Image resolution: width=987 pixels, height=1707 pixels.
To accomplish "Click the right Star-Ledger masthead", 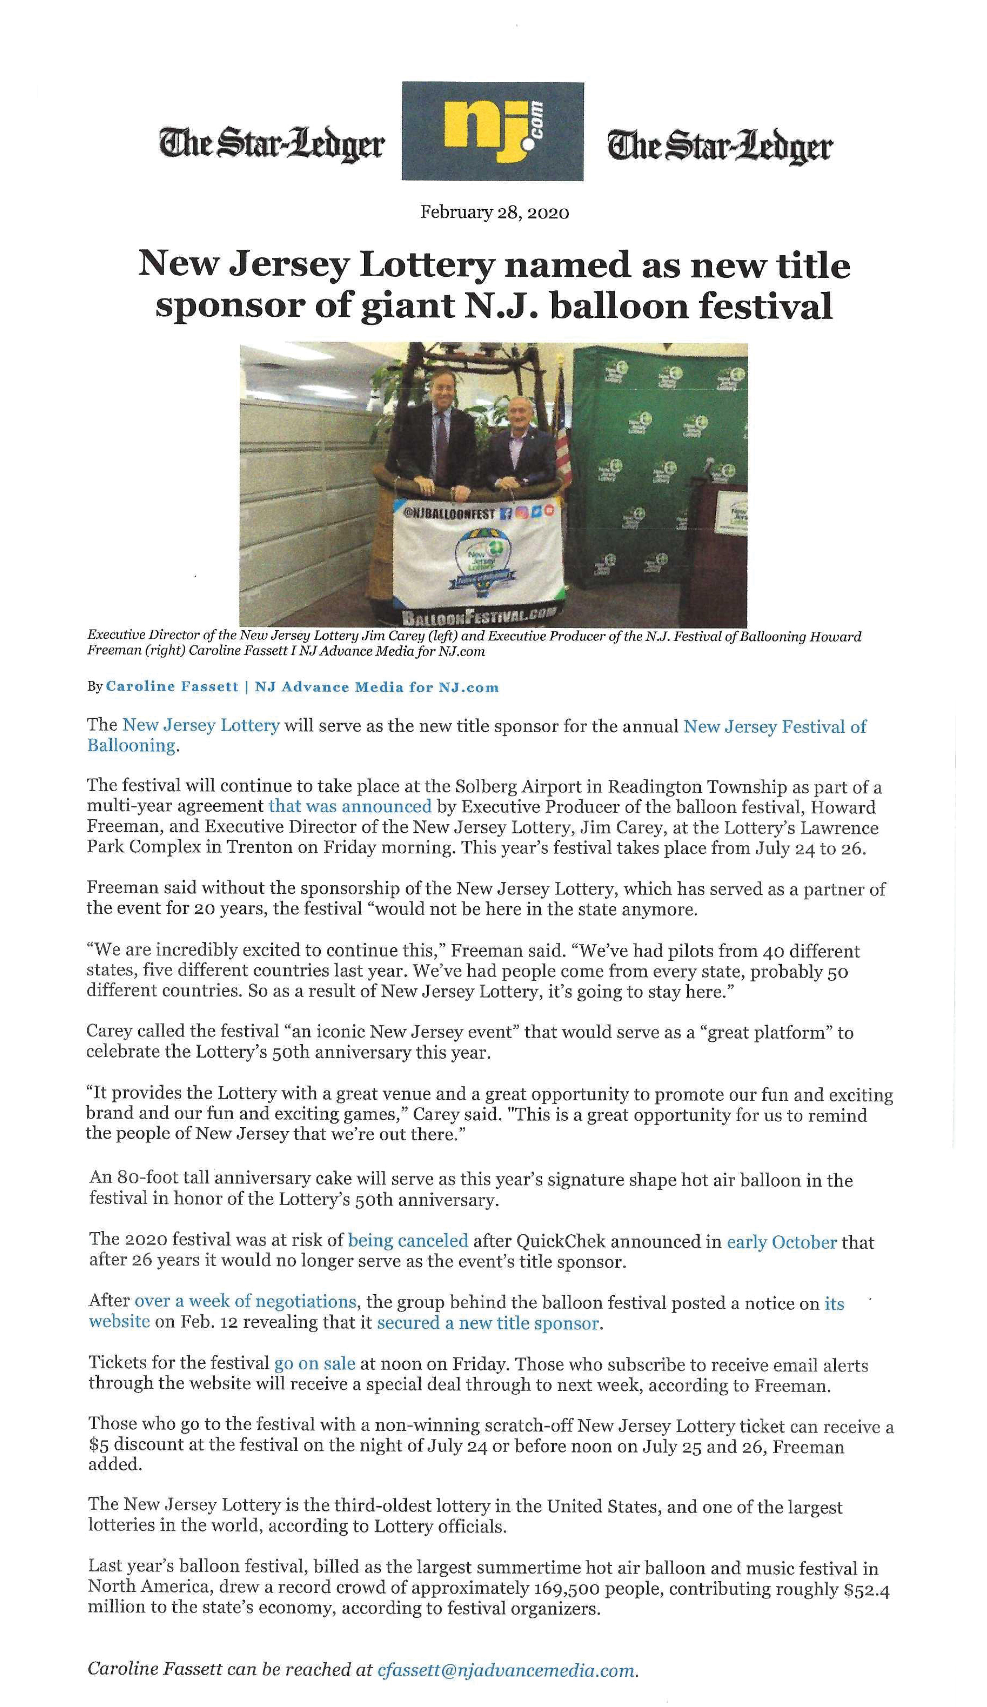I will tap(719, 145).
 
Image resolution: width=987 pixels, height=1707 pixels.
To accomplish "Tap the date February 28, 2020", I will tap(495, 213).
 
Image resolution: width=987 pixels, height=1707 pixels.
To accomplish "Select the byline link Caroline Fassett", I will tap(172, 687).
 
